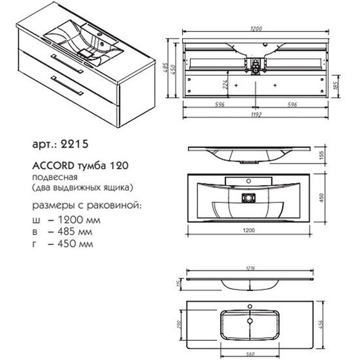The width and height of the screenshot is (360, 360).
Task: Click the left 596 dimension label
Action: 220,104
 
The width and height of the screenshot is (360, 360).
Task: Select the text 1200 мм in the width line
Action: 73,220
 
